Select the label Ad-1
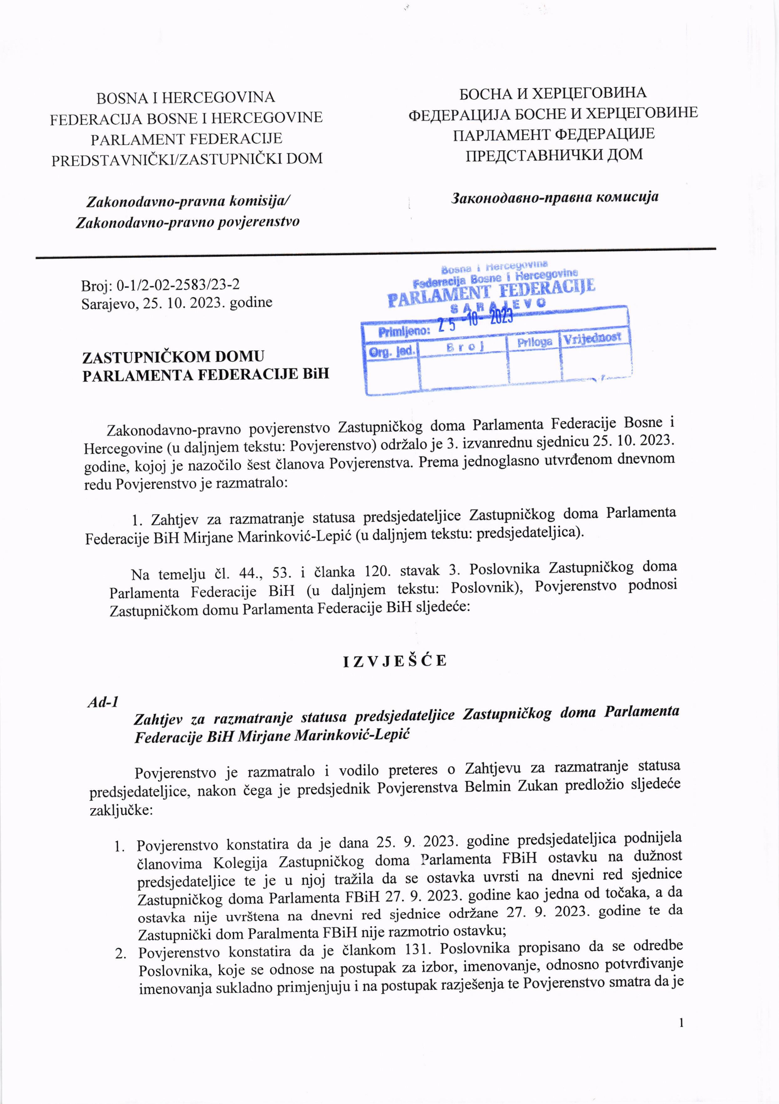point(103,702)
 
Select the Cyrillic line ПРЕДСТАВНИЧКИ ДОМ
point(554,155)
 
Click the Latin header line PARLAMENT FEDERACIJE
point(186,139)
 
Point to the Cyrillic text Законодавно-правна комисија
point(554,197)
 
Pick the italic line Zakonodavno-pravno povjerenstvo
point(187,222)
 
